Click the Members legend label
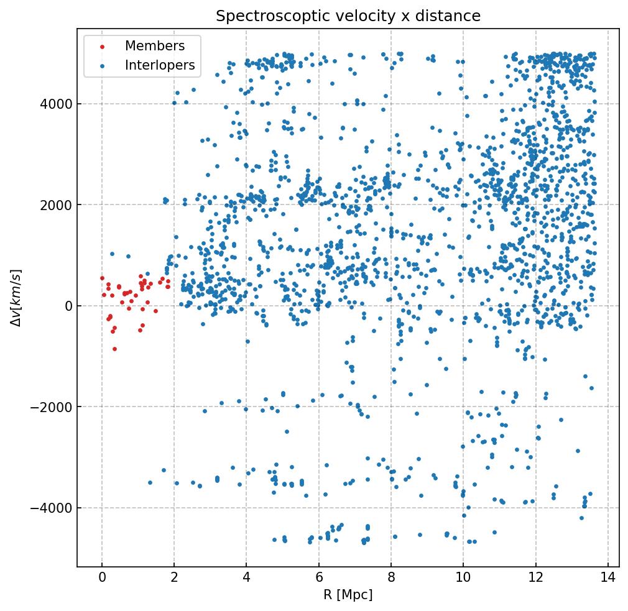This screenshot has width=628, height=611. [155, 46]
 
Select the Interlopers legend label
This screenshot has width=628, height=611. [160, 65]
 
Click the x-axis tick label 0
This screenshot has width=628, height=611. [102, 577]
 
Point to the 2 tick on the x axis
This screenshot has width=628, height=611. [174, 577]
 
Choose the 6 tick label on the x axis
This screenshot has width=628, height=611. [319, 577]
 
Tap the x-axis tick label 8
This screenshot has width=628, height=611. [391, 577]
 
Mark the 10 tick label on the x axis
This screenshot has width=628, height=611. [463, 577]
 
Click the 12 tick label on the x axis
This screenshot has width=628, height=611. [535, 577]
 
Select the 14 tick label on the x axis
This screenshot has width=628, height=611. [608, 577]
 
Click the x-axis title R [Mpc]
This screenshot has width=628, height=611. [348, 595]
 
